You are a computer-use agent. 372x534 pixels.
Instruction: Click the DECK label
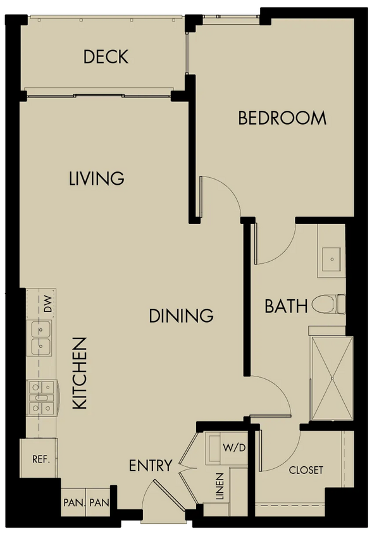[106, 57]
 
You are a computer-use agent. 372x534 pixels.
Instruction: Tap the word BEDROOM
[282, 118]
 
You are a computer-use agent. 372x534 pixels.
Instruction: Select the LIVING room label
[96, 178]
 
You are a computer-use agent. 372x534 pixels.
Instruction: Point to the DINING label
[181, 316]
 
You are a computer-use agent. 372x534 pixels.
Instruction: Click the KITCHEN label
[80, 373]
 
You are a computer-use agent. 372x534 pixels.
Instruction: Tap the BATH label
[286, 306]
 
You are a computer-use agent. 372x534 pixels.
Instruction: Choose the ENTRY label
[151, 466]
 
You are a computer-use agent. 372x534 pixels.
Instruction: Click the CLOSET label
[306, 470]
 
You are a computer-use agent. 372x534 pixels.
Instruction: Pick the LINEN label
[220, 486]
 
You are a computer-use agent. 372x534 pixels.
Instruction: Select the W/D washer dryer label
[234, 447]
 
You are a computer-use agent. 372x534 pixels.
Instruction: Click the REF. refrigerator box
[39, 459]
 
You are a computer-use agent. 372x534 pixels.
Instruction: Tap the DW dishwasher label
[48, 304]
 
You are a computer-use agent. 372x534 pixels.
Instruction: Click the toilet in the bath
[328, 304]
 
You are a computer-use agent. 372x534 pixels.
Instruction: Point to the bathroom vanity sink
[332, 259]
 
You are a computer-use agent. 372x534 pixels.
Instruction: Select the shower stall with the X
[332, 378]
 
